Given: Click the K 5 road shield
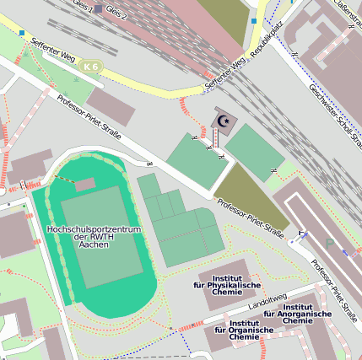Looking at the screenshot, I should click(90, 66).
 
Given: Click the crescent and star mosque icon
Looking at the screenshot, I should click(224, 121).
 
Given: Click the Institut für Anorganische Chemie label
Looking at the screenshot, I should click(298, 314).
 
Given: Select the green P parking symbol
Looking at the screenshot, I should click(329, 243).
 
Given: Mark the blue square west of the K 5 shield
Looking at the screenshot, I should click(22, 33).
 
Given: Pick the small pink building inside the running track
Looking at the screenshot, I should click(84, 184).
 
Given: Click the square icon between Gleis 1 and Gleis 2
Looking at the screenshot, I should click(100, 8).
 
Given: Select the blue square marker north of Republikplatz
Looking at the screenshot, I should click(254, 20).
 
